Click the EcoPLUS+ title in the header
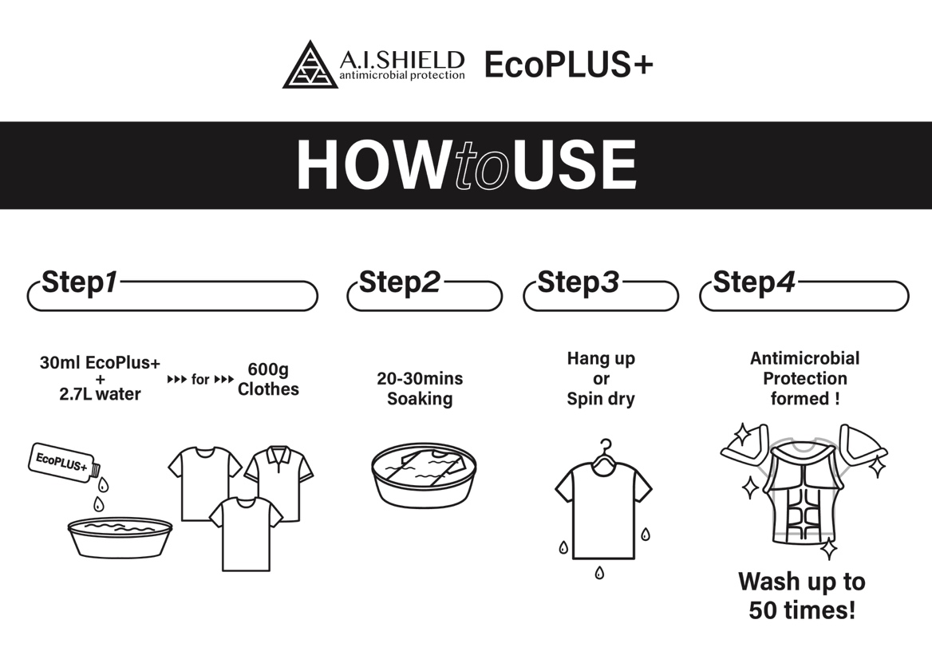tap(569, 64)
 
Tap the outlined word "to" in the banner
tap(483, 166)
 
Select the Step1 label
tap(79, 282)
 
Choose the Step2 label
tap(400, 282)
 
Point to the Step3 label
tap(578, 282)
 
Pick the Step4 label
tap(754, 282)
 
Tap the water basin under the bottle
tap(120, 537)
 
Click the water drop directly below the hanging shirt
tap(599, 572)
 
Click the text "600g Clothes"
tap(268, 379)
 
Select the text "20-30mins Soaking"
tap(421, 389)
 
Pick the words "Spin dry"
tap(601, 399)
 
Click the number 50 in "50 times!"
tap(763, 610)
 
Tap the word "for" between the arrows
tap(200, 379)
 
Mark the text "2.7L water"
tap(100, 394)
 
